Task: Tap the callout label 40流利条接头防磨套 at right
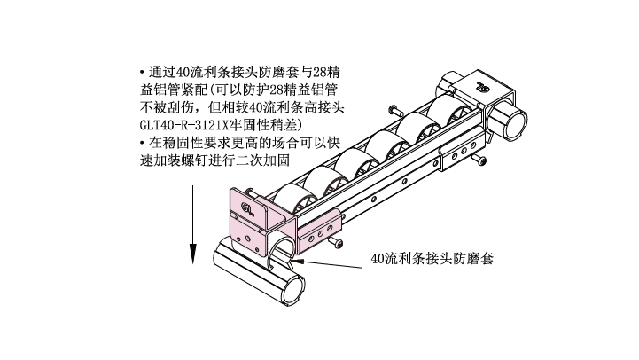tap(432, 259)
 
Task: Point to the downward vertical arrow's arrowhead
tap(192, 254)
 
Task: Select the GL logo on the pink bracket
tap(248, 208)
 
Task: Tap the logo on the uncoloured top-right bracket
tap(483, 86)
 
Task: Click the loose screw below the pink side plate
tap(336, 242)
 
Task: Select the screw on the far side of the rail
tap(395, 110)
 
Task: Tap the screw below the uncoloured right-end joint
tap(479, 159)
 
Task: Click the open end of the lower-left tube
tap(293, 290)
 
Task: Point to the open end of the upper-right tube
tap(515, 124)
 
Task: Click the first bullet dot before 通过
tap(142, 73)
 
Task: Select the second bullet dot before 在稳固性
tap(142, 143)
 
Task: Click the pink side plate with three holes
tap(319, 232)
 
